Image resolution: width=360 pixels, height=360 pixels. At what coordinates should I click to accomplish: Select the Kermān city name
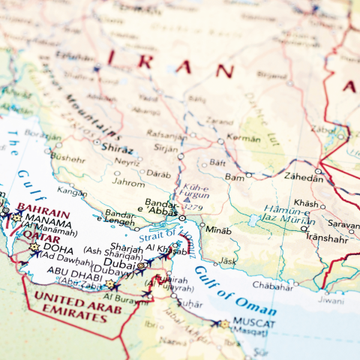[244, 139]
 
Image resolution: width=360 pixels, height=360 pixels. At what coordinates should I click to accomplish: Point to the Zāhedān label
[303, 176]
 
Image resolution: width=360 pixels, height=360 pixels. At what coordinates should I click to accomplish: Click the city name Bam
[234, 176]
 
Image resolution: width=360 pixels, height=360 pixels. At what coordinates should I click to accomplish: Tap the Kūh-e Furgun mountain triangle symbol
[186, 199]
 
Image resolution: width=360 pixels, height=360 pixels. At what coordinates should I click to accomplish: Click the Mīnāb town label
[218, 229]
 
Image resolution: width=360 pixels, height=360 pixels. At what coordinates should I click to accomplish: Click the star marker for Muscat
[224, 324]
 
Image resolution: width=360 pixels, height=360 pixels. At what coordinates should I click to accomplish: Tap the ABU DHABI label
[69, 272]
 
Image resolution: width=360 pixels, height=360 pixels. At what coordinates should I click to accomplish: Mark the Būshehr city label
[68, 158]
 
